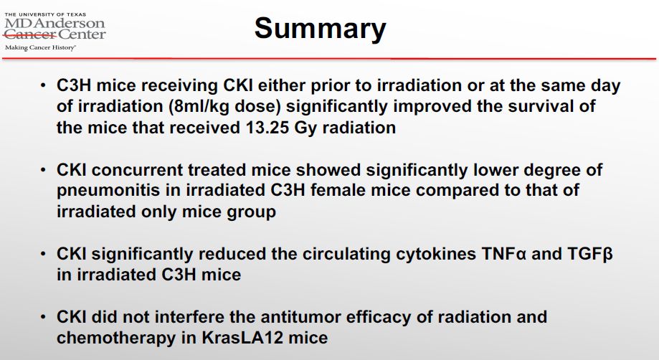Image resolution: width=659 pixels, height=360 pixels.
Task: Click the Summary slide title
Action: click(x=321, y=28)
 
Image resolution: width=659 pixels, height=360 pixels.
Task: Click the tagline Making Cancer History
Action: click(x=40, y=47)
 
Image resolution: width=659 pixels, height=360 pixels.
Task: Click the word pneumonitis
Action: click(x=108, y=191)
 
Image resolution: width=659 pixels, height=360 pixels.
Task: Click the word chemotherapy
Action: click(x=115, y=338)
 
